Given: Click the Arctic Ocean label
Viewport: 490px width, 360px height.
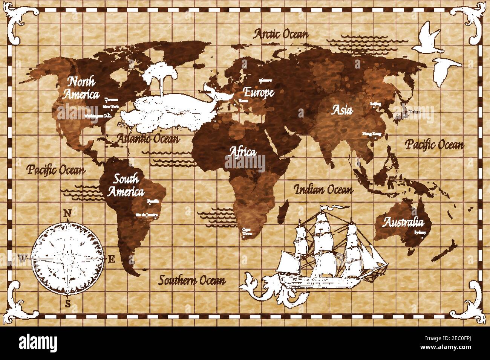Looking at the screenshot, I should (281, 34).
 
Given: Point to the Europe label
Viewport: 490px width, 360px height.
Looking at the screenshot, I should (258, 92).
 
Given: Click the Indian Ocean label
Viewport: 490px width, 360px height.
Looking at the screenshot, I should (324, 189).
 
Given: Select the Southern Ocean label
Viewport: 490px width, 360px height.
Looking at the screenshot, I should (192, 280).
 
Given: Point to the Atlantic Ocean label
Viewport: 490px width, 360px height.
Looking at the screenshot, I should (147, 139).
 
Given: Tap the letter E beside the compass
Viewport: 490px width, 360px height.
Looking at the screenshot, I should (111, 259).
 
